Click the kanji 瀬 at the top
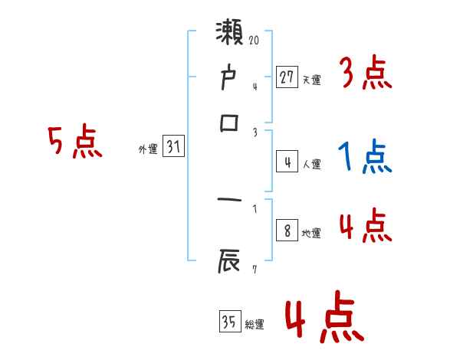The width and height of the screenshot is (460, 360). click(231, 34)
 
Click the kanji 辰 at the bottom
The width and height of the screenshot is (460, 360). click(231, 263)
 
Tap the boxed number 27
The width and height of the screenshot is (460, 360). click(286, 77)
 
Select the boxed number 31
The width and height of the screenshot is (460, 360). click(173, 147)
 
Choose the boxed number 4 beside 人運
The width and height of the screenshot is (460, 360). click(287, 162)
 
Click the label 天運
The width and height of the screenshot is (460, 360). click(311, 80)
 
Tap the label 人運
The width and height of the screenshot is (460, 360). click(311, 164)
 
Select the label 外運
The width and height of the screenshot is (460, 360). click(147, 150)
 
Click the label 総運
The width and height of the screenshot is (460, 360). click(254, 324)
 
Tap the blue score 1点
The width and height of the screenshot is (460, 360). click(364, 158)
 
